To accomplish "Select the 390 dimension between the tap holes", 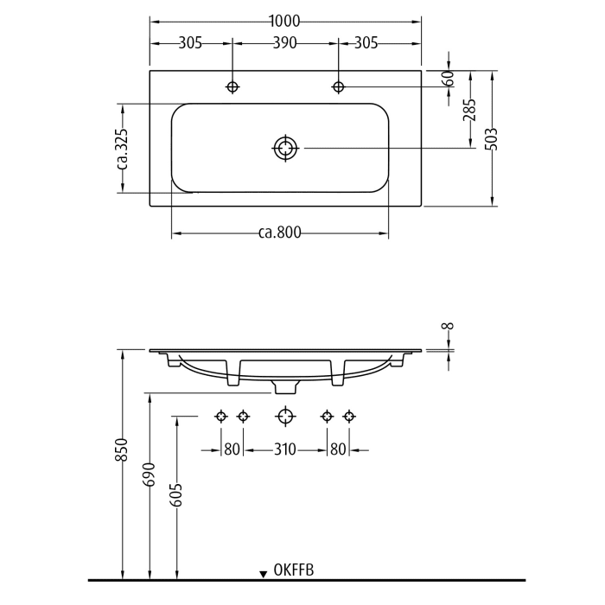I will click(x=285, y=42).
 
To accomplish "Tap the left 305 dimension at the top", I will click(x=190, y=42).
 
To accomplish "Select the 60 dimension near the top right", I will click(x=448, y=77).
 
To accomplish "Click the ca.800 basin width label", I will click(x=279, y=232).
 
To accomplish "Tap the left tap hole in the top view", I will click(x=232, y=86).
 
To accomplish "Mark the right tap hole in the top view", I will click(x=338, y=86).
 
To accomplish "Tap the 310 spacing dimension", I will click(x=284, y=449).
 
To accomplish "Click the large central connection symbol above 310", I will click(x=285, y=417).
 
